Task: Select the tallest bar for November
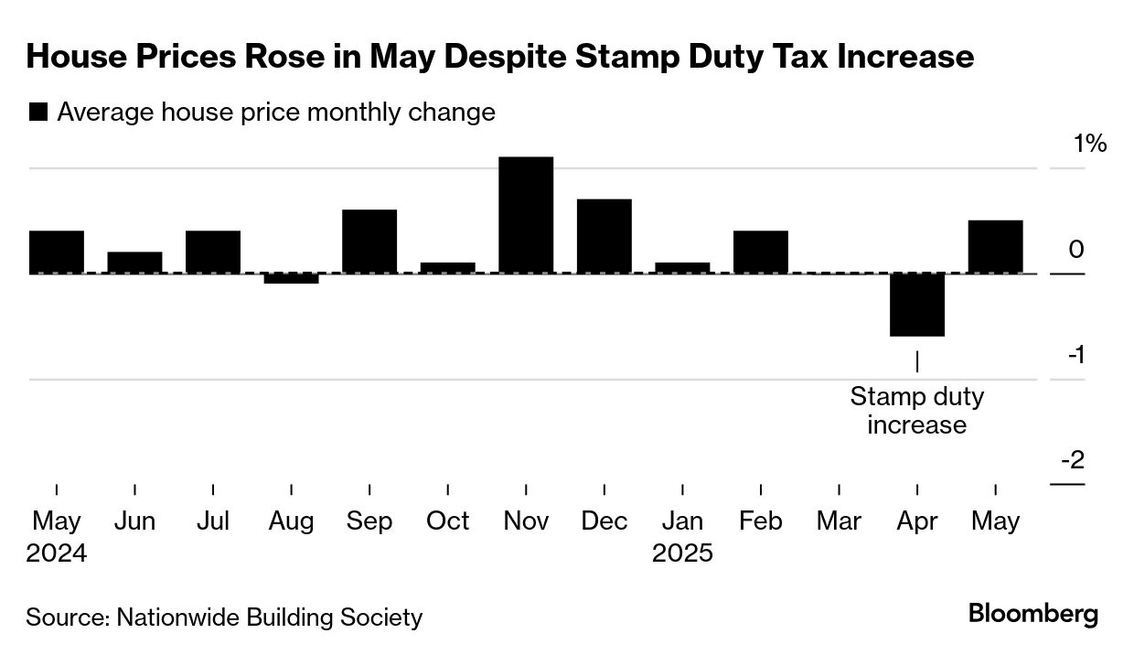click(x=526, y=215)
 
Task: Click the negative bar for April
click(x=917, y=305)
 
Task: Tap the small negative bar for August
click(x=291, y=278)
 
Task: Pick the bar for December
click(x=604, y=236)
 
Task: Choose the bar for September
click(x=369, y=242)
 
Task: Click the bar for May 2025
click(x=995, y=247)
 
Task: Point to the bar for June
click(x=134, y=263)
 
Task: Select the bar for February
click(x=761, y=252)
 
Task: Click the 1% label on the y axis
click(x=1090, y=144)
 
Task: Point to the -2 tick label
click(x=1072, y=459)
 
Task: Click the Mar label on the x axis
click(x=839, y=521)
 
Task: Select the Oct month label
click(x=448, y=521)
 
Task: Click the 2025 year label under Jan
click(x=682, y=553)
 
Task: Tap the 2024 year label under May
click(x=57, y=553)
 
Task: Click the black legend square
click(x=38, y=113)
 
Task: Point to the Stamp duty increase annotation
click(x=916, y=411)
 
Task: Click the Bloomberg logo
click(x=1033, y=614)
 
